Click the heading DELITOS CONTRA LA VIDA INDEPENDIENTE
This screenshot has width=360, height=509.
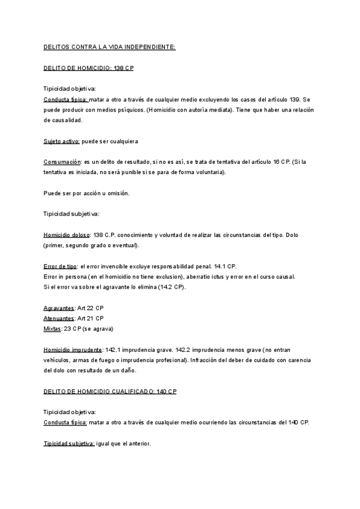coord(110,46)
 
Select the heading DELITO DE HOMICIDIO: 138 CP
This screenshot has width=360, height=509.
coord(89,68)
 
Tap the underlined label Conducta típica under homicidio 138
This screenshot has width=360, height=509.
coord(65,100)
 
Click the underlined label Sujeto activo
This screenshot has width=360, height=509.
coord(61,141)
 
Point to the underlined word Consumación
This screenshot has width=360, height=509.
coord(62,162)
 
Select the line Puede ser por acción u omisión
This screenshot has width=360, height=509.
coord(86,193)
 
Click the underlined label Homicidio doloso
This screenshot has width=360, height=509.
coord(68,235)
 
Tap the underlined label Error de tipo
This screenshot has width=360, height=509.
coord(60,266)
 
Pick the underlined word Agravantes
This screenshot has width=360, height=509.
coord(59,308)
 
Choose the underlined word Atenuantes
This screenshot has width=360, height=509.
coord(59,318)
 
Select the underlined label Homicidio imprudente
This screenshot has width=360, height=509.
coord(73,349)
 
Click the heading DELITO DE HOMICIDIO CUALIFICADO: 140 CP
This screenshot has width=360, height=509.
coord(110,391)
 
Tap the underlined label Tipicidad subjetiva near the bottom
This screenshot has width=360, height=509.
coord(69,444)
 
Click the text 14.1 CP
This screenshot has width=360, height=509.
coord(224,266)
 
